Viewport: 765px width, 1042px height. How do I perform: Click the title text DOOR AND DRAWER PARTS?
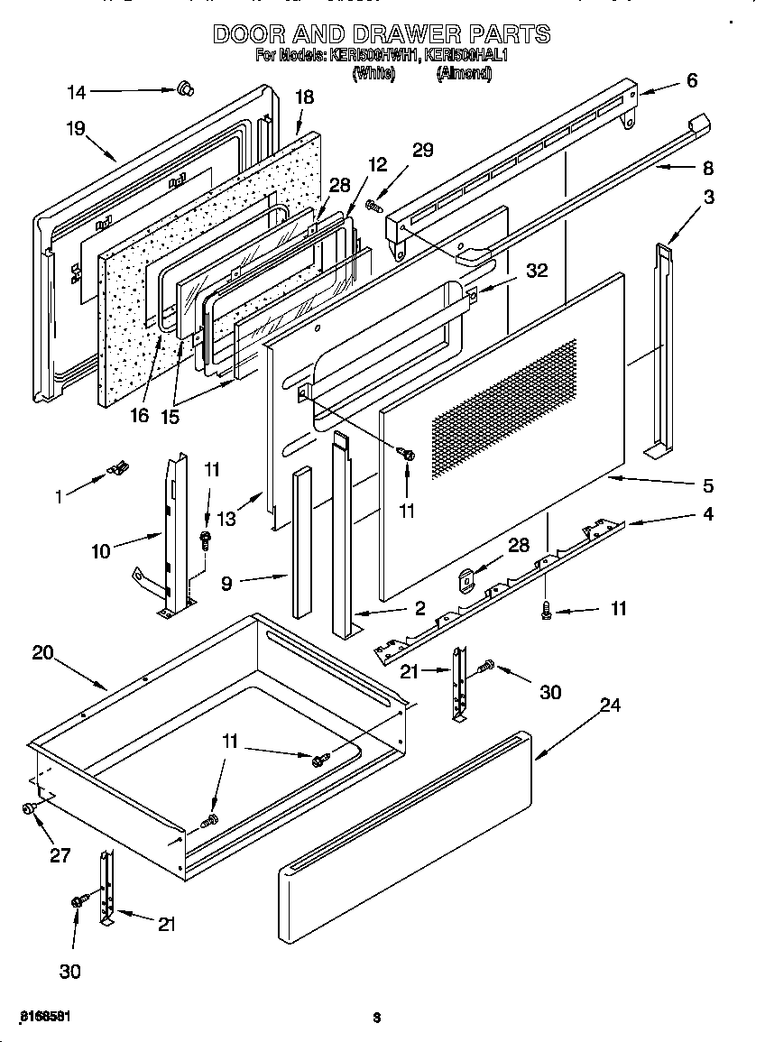(x=381, y=34)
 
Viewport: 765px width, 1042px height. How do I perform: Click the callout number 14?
(x=78, y=90)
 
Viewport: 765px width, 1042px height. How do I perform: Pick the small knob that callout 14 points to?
(x=187, y=88)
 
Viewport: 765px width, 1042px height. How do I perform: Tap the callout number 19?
(x=75, y=128)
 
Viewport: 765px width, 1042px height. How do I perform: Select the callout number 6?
(x=691, y=80)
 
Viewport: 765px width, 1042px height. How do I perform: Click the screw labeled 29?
(x=373, y=207)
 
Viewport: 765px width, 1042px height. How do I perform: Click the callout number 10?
(x=101, y=550)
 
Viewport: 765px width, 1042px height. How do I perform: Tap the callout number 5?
(x=707, y=486)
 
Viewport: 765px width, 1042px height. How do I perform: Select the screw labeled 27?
(x=30, y=810)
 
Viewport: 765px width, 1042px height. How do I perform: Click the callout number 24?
(x=610, y=705)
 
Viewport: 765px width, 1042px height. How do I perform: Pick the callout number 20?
(x=42, y=652)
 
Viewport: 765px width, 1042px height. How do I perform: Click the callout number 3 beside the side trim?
(x=709, y=197)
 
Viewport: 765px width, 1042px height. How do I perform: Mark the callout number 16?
(x=137, y=416)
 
